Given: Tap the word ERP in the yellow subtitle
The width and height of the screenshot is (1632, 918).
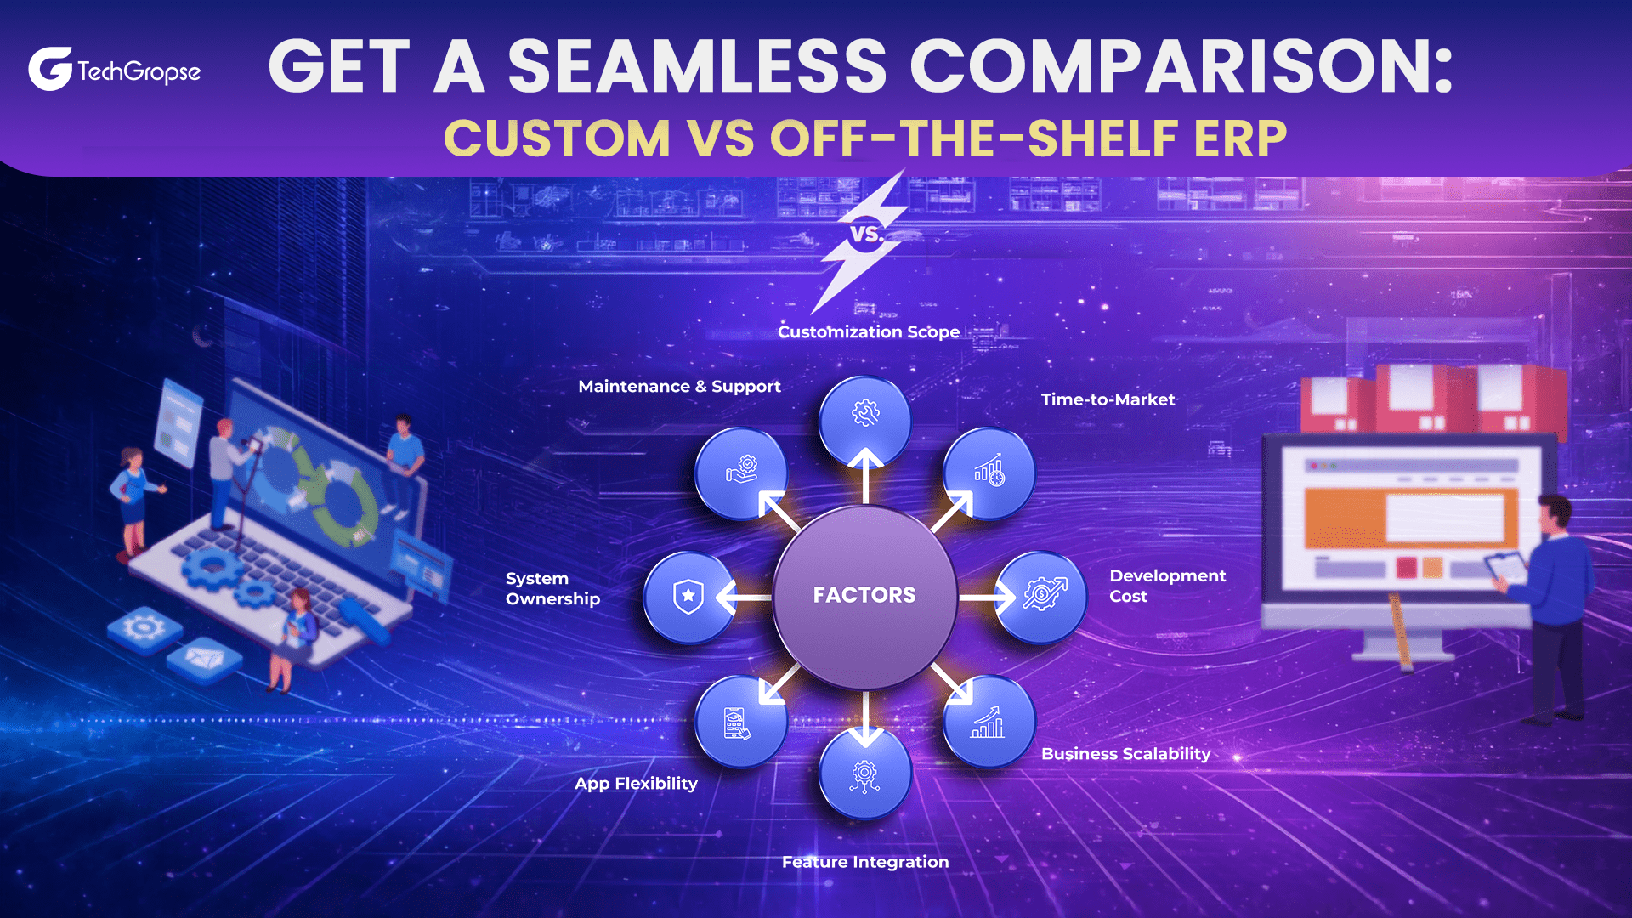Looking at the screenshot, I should point(1240,139).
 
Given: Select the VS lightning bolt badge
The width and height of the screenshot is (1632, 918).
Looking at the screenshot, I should point(864,236).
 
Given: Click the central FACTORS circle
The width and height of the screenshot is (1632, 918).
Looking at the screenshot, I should point(864,595).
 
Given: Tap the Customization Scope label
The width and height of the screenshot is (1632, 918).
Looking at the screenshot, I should point(868,332).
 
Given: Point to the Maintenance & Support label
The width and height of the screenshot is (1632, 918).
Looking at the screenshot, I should point(679,387).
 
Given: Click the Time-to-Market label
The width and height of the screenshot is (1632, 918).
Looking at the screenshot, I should point(1108,399).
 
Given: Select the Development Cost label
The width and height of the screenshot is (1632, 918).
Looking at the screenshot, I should point(1166,586).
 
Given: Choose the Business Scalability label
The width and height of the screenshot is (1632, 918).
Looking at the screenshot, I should point(1125,754).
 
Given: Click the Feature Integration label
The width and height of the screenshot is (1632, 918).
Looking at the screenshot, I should point(864,862).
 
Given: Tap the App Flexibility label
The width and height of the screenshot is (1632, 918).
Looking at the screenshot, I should point(636,784).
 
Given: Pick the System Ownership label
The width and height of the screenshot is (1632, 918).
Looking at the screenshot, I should point(552,588).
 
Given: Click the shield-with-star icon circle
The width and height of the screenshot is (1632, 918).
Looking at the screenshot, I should point(688,597).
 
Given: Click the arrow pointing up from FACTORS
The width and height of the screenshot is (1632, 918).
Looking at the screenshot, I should point(865,476).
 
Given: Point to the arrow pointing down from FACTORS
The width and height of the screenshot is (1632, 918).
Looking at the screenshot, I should point(865,718).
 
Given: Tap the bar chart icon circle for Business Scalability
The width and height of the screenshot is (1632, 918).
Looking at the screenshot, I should point(989,722).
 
